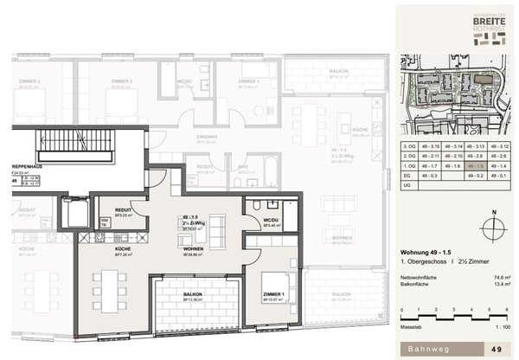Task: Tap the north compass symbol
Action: point(491,227)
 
